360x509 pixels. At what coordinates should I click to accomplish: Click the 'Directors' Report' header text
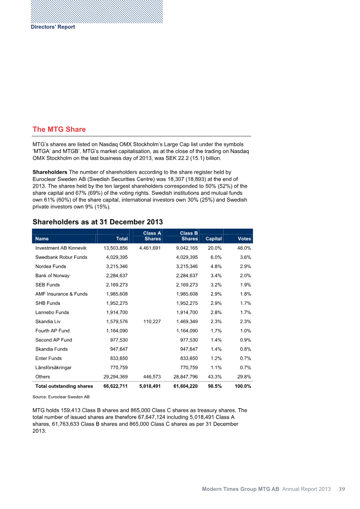coord(53,27)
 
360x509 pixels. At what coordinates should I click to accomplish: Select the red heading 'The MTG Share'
coord(59,130)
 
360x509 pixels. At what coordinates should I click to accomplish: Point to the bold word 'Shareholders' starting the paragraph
coord(50,172)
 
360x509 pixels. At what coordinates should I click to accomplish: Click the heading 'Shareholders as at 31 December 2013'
coord(98,222)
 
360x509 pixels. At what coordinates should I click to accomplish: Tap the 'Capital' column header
coord(213,239)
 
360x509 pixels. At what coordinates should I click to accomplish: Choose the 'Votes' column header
coord(244,239)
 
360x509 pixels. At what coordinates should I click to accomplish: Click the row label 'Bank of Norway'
coord(52,275)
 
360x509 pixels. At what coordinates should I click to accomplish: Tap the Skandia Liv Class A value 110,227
coord(151,321)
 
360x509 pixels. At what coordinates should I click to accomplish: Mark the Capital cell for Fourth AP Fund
coord(214,331)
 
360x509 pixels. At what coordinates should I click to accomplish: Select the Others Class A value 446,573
coord(151,377)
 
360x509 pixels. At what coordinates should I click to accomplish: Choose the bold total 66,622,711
coord(116,386)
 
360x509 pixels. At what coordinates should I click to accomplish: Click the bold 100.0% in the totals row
coord(243,386)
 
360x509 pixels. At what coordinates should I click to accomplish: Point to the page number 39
coord(342,489)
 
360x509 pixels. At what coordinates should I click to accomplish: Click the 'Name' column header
coord(42,239)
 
